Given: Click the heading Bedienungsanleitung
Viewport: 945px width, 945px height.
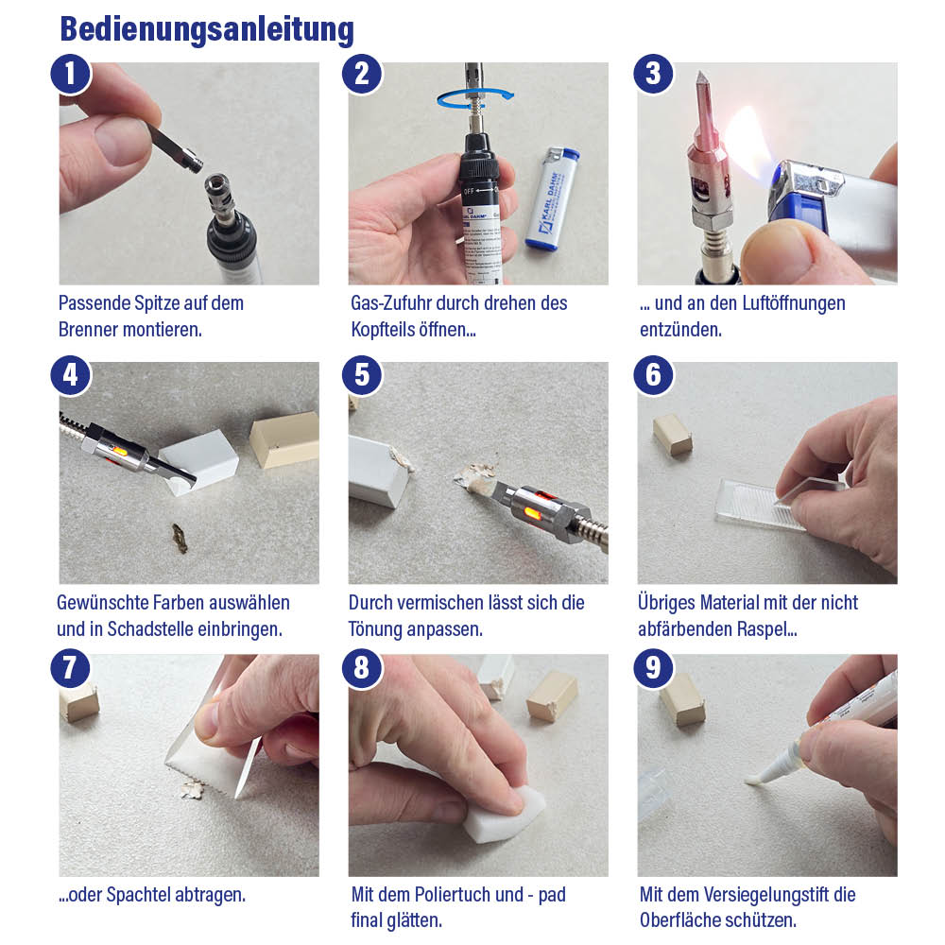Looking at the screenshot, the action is click(x=207, y=29).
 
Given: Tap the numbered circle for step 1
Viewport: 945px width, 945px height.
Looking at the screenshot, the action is click(x=71, y=74).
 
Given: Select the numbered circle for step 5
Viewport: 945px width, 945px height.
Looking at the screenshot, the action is click(x=362, y=375).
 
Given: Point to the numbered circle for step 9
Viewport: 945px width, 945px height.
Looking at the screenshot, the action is click(x=653, y=668).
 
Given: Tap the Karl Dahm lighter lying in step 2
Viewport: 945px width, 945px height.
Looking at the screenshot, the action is click(x=553, y=198).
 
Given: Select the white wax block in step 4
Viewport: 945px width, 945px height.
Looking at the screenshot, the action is click(x=199, y=461).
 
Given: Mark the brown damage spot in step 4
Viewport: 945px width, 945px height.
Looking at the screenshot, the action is click(x=180, y=539).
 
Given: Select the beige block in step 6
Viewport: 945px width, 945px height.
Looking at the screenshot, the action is click(x=673, y=435).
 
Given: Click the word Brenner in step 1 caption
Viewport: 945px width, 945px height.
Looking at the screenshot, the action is click(x=88, y=330).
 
